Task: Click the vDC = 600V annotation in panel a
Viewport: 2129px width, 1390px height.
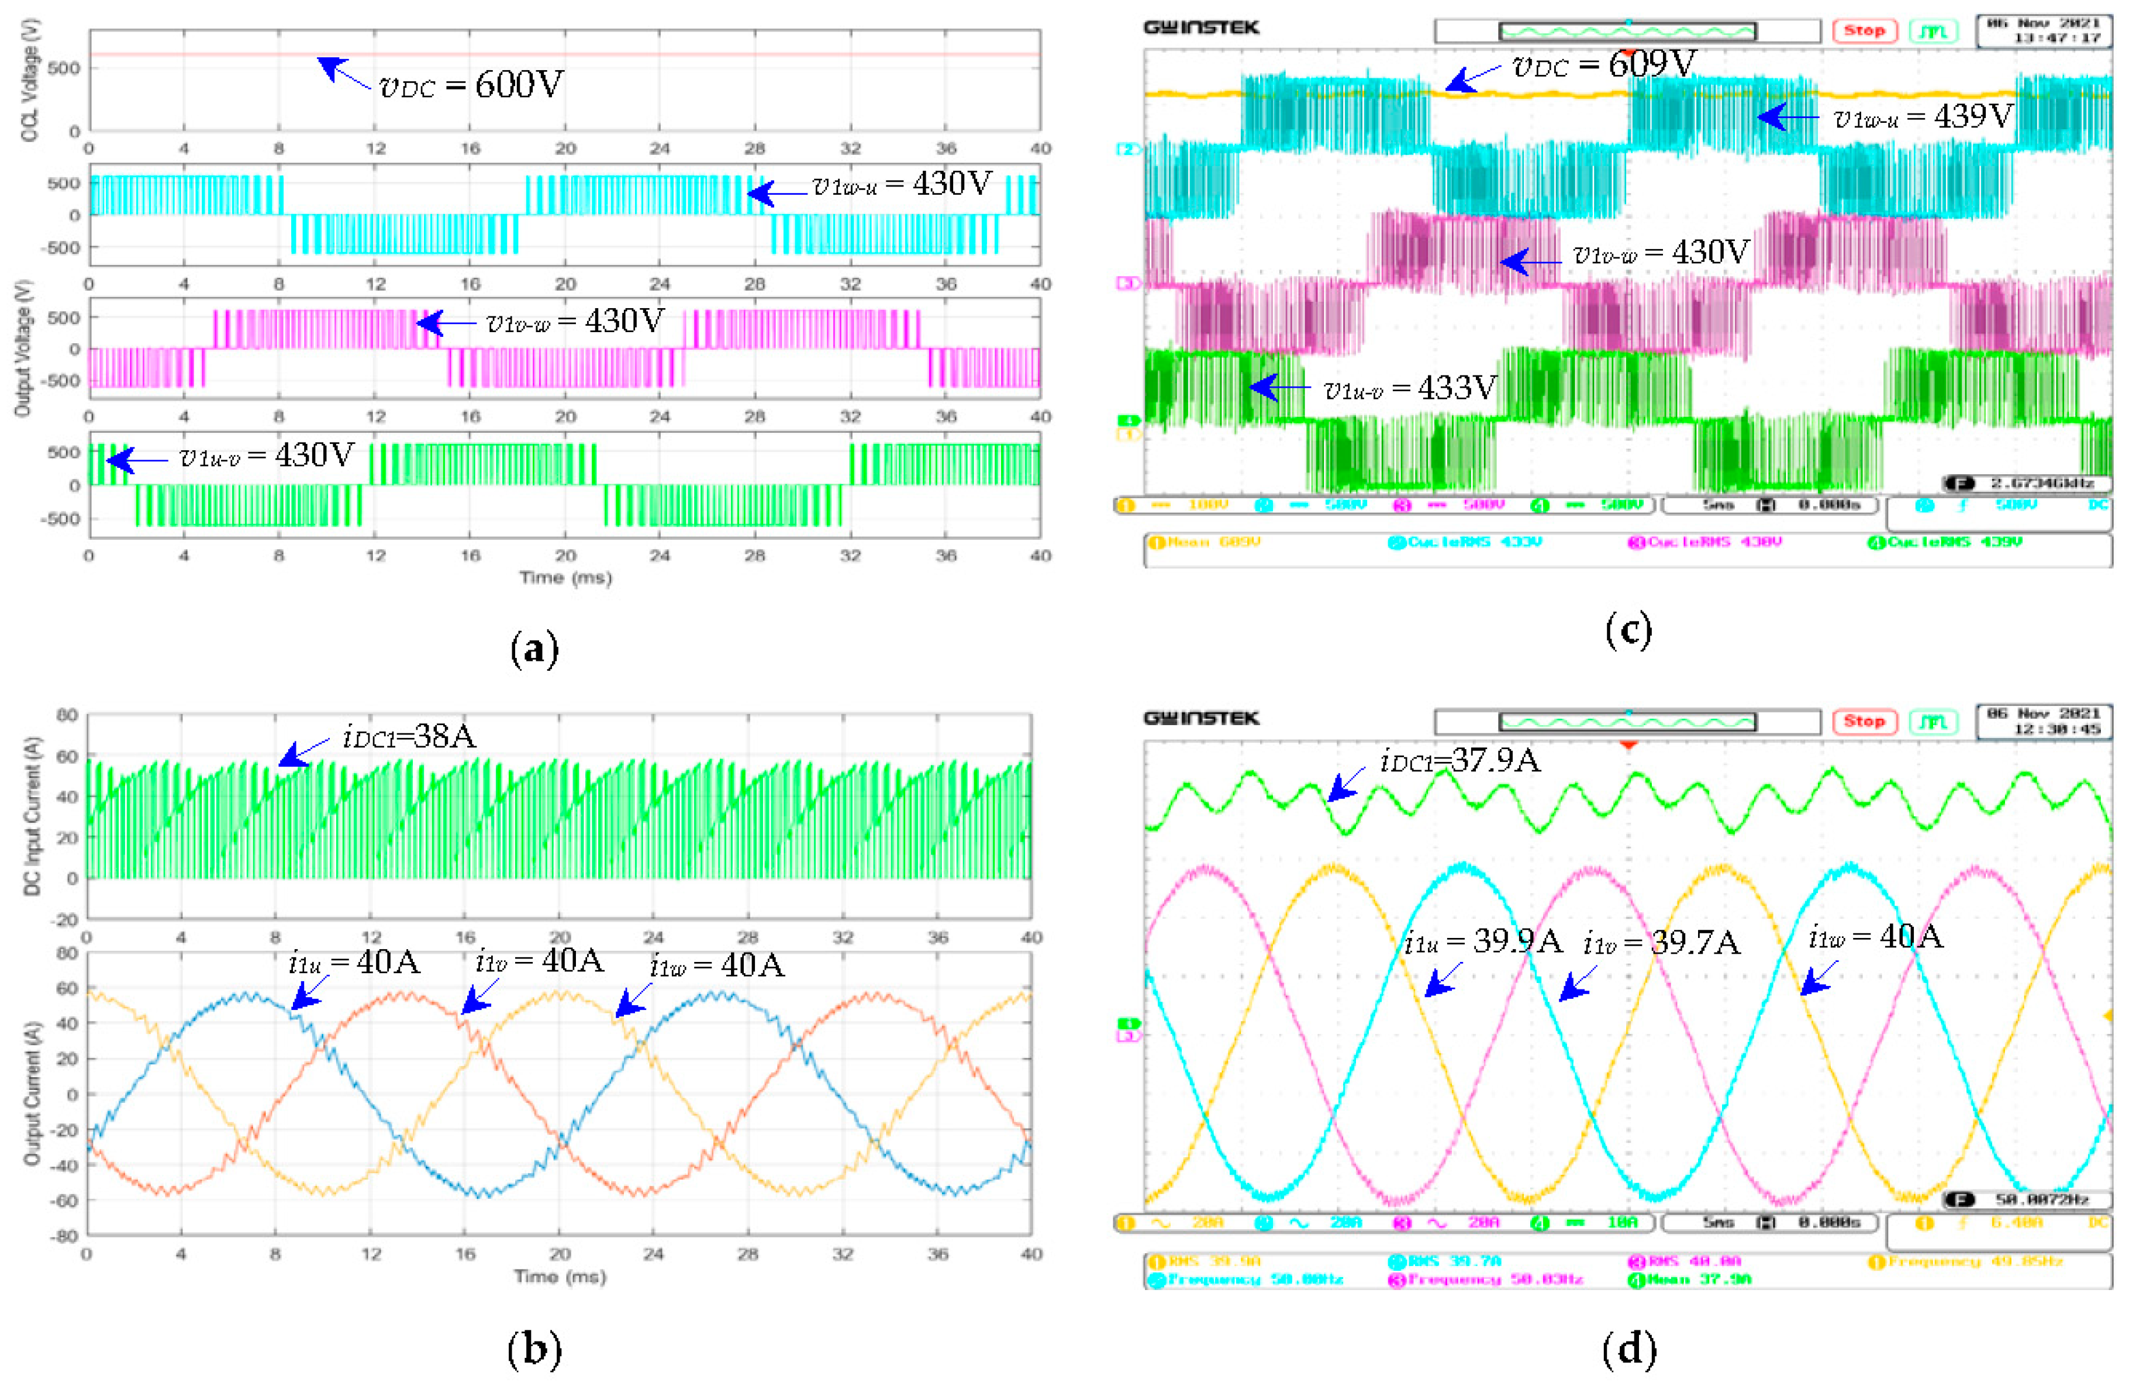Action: [x=471, y=85]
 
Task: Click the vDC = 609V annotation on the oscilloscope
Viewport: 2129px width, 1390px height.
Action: [x=1604, y=64]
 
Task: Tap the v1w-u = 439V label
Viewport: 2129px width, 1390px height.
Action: [x=1923, y=117]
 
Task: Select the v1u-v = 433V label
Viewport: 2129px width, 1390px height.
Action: [x=1409, y=388]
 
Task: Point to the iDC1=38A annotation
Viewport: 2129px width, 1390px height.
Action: [x=409, y=736]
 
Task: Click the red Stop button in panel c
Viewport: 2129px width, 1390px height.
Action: [x=1864, y=30]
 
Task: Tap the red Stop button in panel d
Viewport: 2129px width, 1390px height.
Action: [x=1864, y=721]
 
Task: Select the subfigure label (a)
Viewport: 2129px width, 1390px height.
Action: [x=534, y=649]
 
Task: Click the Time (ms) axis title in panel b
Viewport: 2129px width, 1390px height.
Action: [x=560, y=1277]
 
